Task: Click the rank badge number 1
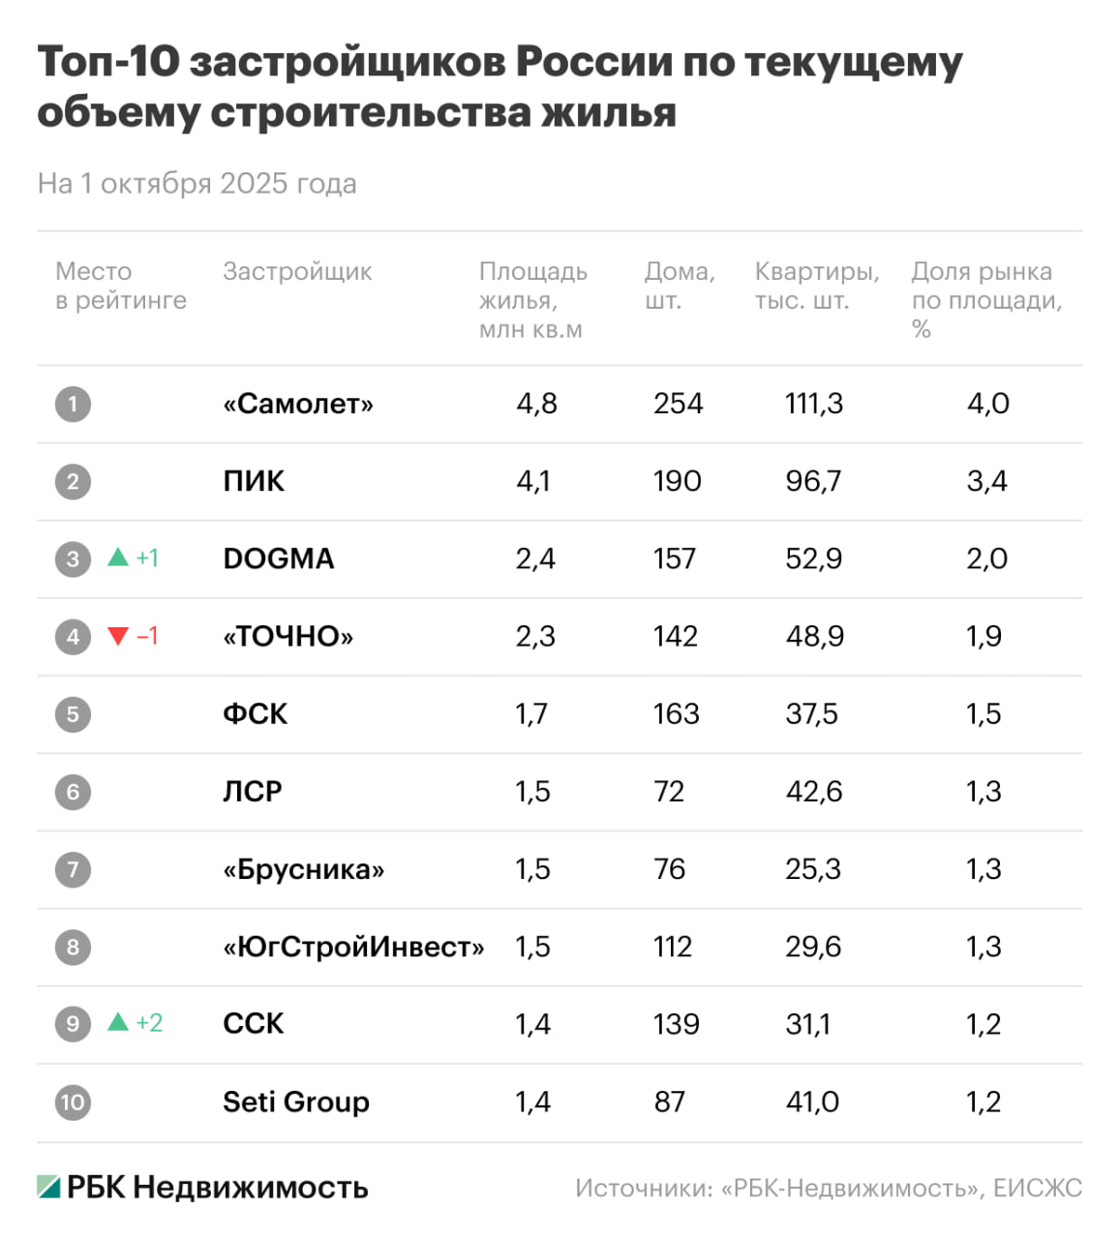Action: pos(73,404)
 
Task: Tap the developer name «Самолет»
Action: pos(298,404)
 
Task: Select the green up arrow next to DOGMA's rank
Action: pos(118,558)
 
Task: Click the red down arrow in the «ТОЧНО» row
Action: pos(118,636)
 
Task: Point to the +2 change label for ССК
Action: pos(149,1023)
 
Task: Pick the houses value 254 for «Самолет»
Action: pos(678,404)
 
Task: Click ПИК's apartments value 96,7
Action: pos(813,481)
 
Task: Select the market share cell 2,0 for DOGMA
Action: pos(986,559)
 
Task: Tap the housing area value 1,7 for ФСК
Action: pos(531,714)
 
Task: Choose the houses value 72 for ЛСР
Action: pos(669,792)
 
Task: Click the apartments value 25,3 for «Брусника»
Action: pos(813,869)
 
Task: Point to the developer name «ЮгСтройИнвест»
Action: pos(353,947)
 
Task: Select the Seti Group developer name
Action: pos(296,1102)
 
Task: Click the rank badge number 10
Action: pos(73,1102)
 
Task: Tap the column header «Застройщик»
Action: pos(297,272)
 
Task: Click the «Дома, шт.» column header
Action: pos(680,286)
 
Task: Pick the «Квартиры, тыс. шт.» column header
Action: pos(817,286)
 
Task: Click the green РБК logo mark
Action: pos(49,1187)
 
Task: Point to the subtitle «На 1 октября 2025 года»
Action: pos(197,184)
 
